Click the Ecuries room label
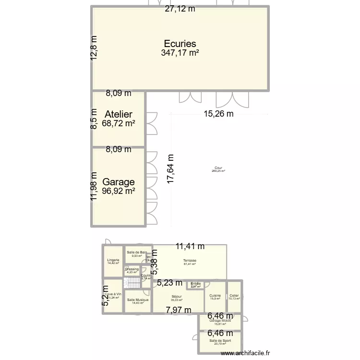coord(180,44)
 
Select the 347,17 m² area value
coord(180,53)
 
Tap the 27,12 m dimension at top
coord(180,9)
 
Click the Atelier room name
coord(118,114)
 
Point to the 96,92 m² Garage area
coord(118,191)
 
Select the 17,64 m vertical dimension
coord(170,169)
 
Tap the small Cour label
coord(218,168)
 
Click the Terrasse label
coord(190,261)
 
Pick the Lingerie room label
coord(113,260)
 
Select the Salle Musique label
coord(138,300)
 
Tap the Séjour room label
coord(177,297)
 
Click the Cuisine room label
coord(215,296)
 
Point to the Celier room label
coord(234,296)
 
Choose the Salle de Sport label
coord(220,341)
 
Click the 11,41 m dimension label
coord(190,247)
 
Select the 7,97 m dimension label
coord(179,310)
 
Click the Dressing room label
coord(132,269)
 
